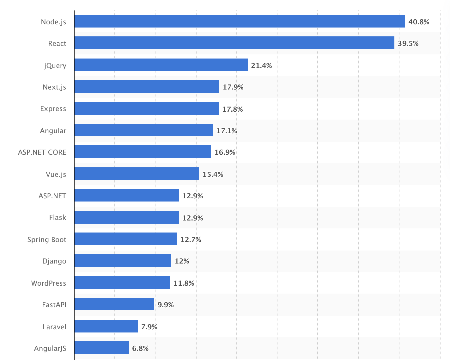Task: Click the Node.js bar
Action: [240, 21]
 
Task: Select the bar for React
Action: [234, 43]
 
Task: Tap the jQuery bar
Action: [161, 65]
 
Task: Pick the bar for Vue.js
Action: [137, 174]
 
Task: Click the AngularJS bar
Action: [101, 348]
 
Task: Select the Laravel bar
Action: [106, 326]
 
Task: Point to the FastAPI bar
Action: [114, 304]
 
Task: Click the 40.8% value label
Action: [419, 22]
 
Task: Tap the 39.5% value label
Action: [408, 43]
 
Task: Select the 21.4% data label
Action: [261, 65]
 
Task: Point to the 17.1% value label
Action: [227, 131]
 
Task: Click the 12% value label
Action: [182, 261]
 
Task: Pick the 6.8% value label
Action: [140, 348]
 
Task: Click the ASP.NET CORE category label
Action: [42, 152]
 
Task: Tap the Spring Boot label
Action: [47, 239]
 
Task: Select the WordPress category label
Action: [49, 283]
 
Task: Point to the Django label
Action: [54, 261]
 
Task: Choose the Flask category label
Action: [58, 217]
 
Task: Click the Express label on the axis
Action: [53, 109]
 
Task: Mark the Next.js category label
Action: [54, 87]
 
